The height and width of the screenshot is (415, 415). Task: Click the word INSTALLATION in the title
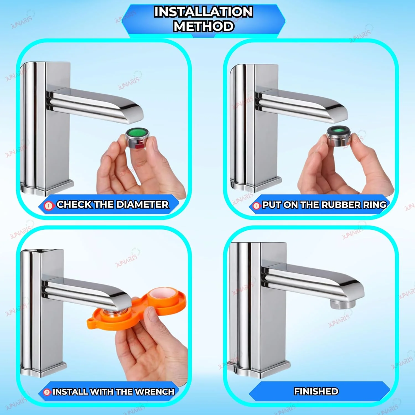(x=203, y=12)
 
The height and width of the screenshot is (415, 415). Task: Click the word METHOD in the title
(x=204, y=26)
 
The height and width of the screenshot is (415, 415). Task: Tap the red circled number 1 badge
(x=49, y=206)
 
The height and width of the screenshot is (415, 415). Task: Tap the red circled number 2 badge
(x=256, y=206)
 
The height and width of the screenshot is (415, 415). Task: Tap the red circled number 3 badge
(x=47, y=392)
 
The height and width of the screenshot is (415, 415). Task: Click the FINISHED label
(x=316, y=391)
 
